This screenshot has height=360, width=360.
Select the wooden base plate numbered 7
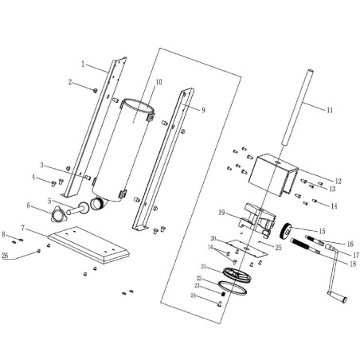click(88, 245)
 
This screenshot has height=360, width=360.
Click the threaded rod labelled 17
click(307, 242)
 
